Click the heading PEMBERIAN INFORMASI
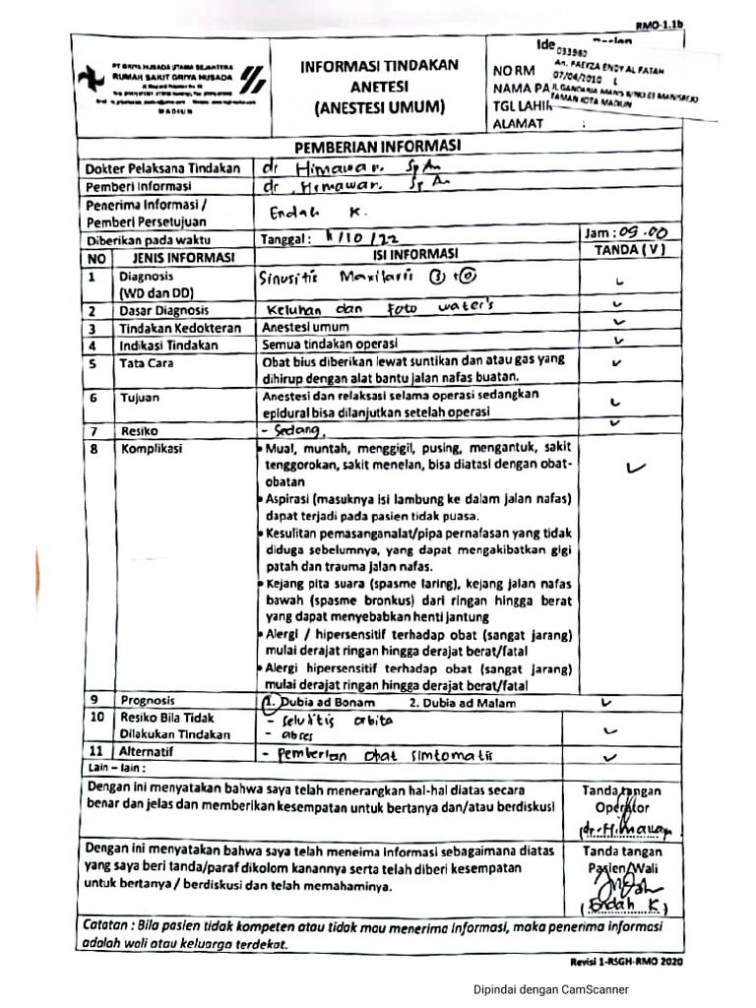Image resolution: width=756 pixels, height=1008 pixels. (378, 147)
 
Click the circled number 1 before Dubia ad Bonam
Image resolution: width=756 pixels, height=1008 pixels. (270, 703)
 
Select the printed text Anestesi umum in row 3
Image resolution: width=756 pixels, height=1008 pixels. (305, 327)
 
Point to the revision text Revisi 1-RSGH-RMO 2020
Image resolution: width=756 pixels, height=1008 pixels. (625, 960)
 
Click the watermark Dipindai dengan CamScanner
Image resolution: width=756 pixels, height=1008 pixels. (550, 990)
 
